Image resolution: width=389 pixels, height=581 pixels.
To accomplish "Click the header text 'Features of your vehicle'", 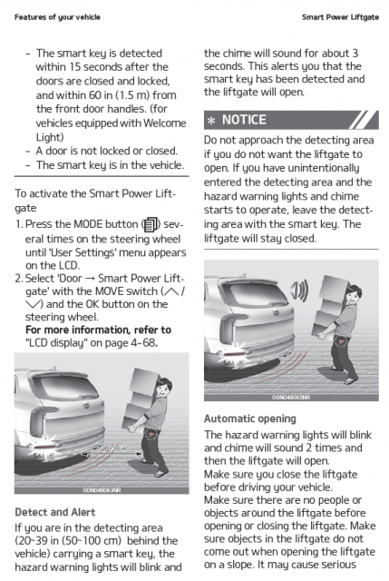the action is [57, 17].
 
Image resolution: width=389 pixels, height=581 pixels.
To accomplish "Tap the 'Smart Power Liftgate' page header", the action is [340, 17].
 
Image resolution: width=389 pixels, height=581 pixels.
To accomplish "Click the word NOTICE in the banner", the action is [244, 120].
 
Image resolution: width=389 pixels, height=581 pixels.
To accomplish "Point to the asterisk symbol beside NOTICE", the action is [211, 121].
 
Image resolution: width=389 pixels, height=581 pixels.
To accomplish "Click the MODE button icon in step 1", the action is [151, 224].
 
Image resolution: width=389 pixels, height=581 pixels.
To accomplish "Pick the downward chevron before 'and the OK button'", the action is [33, 304].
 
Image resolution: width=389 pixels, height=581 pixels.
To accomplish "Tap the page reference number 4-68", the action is [143, 343].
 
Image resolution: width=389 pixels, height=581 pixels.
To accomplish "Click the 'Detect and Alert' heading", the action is [55, 512].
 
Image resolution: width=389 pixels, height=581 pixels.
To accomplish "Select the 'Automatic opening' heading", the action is [250, 419].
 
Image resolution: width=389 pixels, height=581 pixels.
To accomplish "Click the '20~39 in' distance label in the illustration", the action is [113, 448].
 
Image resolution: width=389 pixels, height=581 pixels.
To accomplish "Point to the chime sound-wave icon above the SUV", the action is [299, 290].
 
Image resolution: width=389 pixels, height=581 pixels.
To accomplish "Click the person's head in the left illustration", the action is [164, 388].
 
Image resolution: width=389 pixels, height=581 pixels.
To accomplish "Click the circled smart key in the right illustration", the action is [341, 339].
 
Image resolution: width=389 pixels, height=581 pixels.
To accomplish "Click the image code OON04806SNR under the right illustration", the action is [291, 398].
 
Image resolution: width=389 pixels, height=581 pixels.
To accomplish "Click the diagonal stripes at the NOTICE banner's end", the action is [364, 120].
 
